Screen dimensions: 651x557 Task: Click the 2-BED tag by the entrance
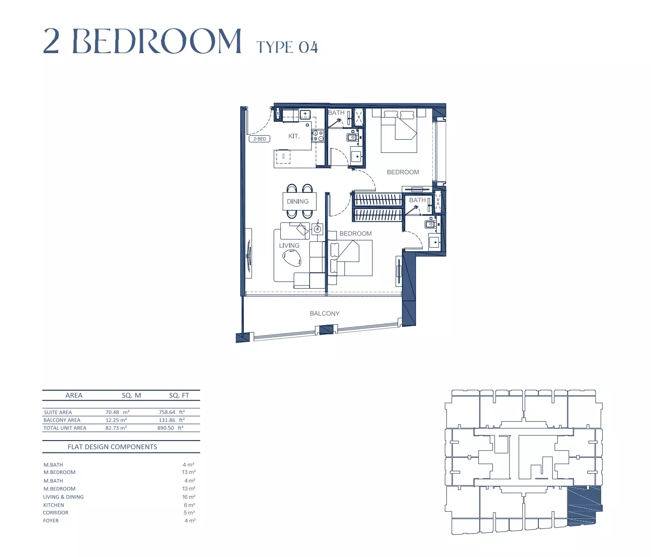click(x=259, y=139)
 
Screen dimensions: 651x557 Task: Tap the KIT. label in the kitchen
click(x=294, y=136)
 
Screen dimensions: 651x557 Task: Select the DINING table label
click(x=298, y=201)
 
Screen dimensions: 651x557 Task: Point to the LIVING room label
click(x=289, y=246)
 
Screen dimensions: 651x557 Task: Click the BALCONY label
click(x=325, y=314)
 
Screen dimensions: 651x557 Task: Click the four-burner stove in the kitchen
click(x=318, y=136)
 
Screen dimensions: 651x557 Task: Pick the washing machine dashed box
click(x=283, y=156)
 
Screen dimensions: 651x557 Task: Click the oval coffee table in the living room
click(x=292, y=258)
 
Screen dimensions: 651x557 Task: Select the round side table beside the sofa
click(x=318, y=229)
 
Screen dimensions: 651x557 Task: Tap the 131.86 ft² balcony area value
click(x=172, y=420)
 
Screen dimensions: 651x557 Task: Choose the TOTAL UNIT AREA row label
click(x=65, y=428)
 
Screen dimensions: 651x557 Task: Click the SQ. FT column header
click(x=179, y=395)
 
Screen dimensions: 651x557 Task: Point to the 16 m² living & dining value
click(x=188, y=497)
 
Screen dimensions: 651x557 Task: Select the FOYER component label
click(x=51, y=521)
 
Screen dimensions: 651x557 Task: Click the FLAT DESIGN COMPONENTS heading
click(x=112, y=447)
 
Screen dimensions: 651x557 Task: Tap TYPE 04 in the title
click(x=287, y=47)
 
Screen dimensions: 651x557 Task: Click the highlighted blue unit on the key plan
click(x=584, y=506)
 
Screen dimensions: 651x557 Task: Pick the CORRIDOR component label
click(x=56, y=513)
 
